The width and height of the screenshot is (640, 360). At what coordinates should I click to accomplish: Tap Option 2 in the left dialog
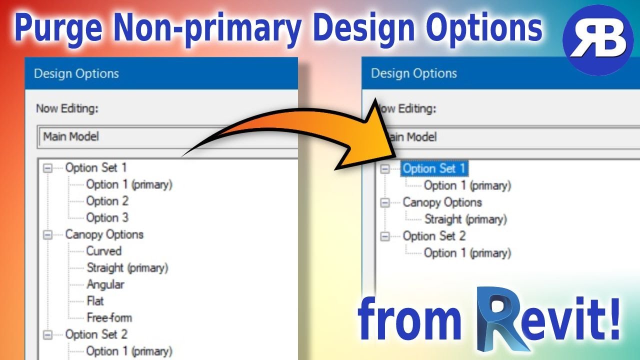coord(107,201)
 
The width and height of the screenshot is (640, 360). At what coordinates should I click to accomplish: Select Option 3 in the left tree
coord(107,217)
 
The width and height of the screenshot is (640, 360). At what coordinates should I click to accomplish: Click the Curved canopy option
coord(104,251)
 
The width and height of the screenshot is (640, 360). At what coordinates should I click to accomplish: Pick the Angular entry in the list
coord(105,284)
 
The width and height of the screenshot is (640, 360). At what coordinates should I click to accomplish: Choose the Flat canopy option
coord(95,301)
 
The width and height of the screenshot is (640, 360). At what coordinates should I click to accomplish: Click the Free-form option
coord(109,317)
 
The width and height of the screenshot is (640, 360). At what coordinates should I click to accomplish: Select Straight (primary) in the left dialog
coord(127,267)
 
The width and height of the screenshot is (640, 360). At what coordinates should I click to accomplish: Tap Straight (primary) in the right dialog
coord(465,219)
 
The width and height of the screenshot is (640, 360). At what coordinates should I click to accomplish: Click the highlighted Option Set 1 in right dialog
coord(434,168)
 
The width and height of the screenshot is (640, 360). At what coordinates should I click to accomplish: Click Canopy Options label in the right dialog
coord(442,202)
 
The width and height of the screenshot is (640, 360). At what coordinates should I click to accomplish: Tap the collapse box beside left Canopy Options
coord(48,234)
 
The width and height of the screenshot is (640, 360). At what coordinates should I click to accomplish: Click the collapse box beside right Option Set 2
coord(384,236)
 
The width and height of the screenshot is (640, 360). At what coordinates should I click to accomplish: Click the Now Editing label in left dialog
coord(66,108)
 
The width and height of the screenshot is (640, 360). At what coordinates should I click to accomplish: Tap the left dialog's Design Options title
coord(76,74)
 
